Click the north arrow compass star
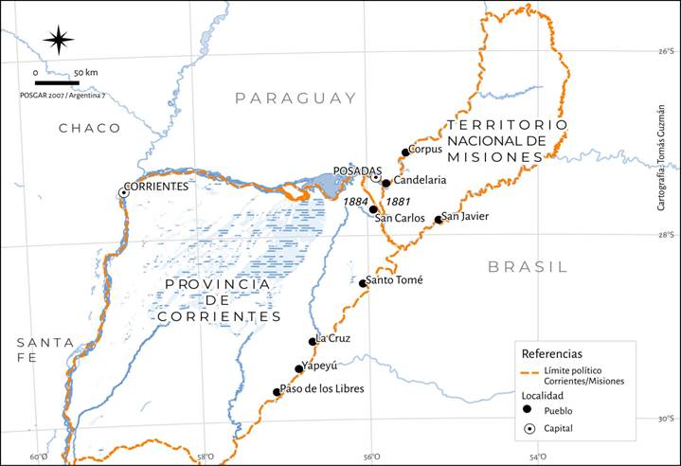pos(59,40)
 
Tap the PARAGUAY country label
pos(296,99)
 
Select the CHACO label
pos(89,128)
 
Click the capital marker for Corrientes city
pos(123,192)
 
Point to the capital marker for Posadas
pos(375,177)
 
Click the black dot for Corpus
pos(405,152)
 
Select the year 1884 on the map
pos(356,202)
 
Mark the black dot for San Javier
pos(438,220)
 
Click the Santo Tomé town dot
pos(363,283)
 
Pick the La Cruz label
pos(334,338)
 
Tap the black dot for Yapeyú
pos(299,369)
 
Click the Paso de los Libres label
pos(322,388)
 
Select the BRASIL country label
pos(528,267)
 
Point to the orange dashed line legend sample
pos(531,370)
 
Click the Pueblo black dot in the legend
pos(526,410)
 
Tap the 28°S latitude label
pos(668,235)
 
